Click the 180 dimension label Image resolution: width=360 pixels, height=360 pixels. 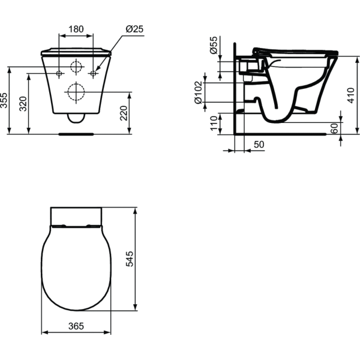point(76,29)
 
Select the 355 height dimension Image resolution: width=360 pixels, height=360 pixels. point(5,100)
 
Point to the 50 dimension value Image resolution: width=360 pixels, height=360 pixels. point(259,145)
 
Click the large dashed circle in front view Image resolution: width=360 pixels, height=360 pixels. point(76,92)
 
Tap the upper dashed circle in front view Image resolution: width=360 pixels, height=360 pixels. point(76,67)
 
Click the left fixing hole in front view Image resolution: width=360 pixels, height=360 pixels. point(59,73)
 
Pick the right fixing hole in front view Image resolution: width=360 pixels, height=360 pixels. point(92,73)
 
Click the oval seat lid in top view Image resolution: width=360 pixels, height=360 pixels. point(75,268)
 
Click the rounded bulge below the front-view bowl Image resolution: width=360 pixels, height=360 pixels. point(76,118)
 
